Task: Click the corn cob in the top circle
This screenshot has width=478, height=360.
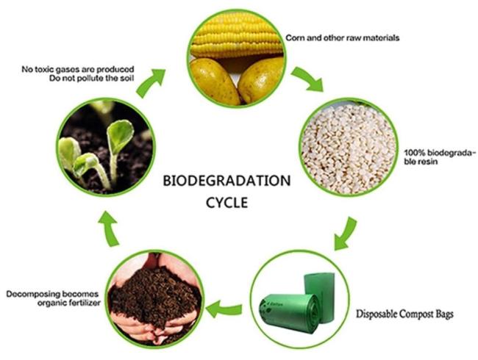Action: (236, 35)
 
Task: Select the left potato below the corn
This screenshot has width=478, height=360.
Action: (213, 81)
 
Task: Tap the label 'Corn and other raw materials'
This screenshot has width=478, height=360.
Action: (343, 37)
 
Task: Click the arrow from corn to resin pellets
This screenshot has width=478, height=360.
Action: (308, 80)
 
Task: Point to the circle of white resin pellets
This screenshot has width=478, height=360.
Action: (349, 147)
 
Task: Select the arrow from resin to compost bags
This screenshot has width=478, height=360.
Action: (346, 234)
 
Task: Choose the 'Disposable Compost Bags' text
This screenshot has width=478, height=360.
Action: (405, 314)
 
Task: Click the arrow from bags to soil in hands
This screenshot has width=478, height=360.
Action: (224, 309)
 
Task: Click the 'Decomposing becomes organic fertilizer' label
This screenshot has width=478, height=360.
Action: (54, 298)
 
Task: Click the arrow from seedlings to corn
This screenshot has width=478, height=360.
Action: (149, 82)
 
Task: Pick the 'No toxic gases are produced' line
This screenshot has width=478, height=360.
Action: (78, 69)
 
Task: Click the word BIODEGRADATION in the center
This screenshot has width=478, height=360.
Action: (226, 181)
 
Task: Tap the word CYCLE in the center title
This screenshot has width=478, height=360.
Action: (226, 203)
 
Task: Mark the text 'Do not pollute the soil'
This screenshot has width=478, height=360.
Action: (91, 79)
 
